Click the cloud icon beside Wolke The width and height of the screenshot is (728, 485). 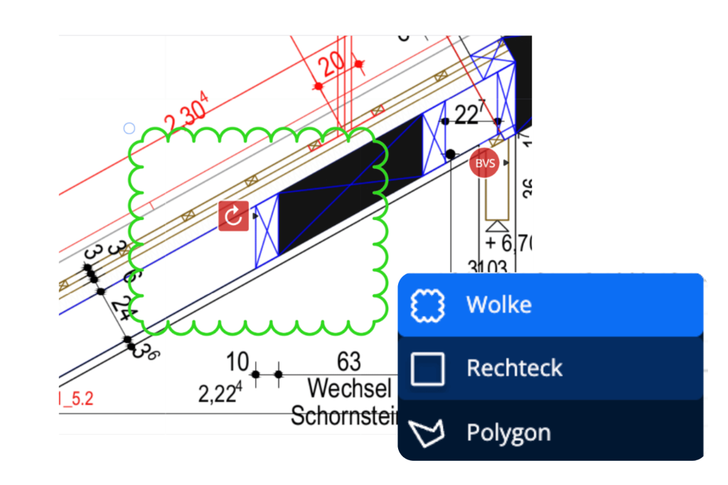click(x=428, y=305)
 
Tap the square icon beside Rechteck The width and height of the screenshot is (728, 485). click(x=428, y=369)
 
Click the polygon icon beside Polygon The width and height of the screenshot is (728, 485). click(x=428, y=432)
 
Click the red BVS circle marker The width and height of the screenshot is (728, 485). click(x=485, y=163)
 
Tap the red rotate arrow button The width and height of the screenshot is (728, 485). click(x=233, y=216)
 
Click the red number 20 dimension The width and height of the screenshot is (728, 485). click(x=331, y=67)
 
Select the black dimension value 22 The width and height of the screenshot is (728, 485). click(x=469, y=114)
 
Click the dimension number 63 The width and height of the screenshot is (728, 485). click(x=348, y=361)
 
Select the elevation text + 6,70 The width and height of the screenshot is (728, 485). click(x=509, y=244)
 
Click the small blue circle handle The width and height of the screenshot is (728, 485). click(x=129, y=129)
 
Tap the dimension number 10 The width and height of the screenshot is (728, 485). click(x=237, y=362)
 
